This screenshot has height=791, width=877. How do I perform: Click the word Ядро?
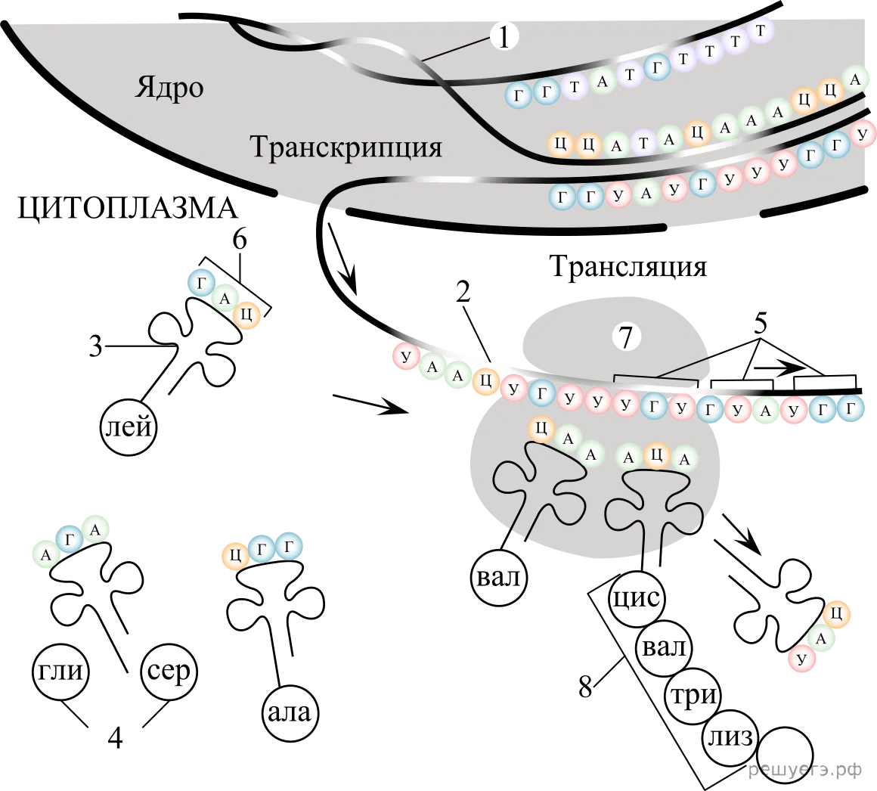point(169,88)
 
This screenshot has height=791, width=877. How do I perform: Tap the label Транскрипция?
point(346,147)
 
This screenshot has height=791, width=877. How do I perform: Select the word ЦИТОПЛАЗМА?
point(128,208)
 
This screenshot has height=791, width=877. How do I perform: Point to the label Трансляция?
point(628,266)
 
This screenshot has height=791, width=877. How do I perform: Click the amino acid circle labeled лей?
point(129,427)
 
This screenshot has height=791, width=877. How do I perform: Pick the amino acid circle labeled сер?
point(169,672)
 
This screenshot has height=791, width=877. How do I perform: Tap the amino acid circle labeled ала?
point(290,713)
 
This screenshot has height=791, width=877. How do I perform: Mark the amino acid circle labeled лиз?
point(730,738)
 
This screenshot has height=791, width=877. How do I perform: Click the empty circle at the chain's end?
point(786,754)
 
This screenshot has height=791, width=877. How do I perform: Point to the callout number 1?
point(504,37)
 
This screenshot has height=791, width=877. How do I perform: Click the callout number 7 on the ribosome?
point(626,337)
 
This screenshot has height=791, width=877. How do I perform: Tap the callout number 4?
point(115,738)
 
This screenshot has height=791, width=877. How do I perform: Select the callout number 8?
point(585,686)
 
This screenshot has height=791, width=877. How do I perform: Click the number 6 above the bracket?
point(240,240)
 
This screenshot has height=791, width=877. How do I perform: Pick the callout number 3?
point(96,347)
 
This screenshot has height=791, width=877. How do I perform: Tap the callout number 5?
point(760,324)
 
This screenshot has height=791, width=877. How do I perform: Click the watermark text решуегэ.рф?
point(805,771)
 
